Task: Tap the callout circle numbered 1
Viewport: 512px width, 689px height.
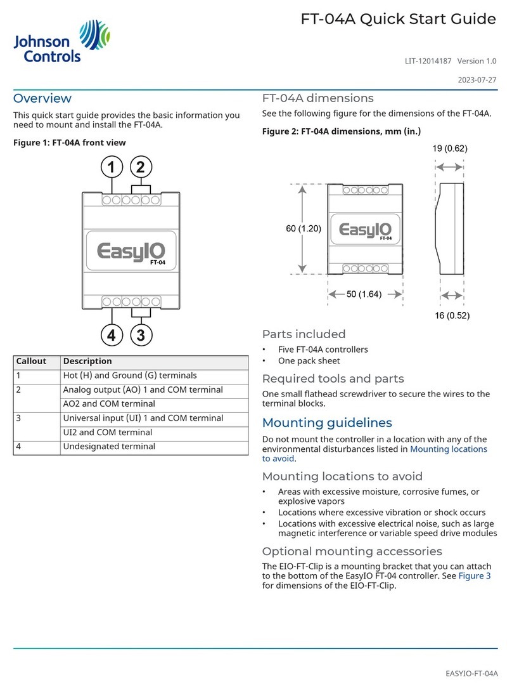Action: pyautogui.click(x=112, y=167)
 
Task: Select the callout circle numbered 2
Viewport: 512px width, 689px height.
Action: pyautogui.click(x=141, y=167)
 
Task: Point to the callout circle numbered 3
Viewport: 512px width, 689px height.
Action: pyautogui.click(x=141, y=335)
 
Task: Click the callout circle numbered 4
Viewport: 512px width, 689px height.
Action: pyautogui.click(x=112, y=335)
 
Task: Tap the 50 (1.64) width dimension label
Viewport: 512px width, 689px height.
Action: pyautogui.click(x=364, y=294)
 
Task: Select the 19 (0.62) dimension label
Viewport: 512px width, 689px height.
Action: pyautogui.click(x=449, y=149)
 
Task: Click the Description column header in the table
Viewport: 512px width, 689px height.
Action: pyautogui.click(x=87, y=361)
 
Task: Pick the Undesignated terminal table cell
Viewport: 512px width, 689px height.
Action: pyautogui.click(x=108, y=447)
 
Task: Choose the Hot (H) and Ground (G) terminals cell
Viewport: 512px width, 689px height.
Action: pyautogui.click(x=130, y=376)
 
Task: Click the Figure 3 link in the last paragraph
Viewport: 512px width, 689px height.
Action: pyautogui.click(x=475, y=575)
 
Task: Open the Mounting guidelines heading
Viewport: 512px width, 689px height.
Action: pyautogui.click(x=327, y=423)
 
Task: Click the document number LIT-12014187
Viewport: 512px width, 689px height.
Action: pyautogui.click(x=428, y=61)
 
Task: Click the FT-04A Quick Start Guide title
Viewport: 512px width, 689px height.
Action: pyautogui.click(x=398, y=20)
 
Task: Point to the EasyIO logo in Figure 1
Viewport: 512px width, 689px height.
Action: pyautogui.click(x=131, y=251)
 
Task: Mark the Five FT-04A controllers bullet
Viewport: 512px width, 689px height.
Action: pyautogui.click(x=323, y=349)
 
